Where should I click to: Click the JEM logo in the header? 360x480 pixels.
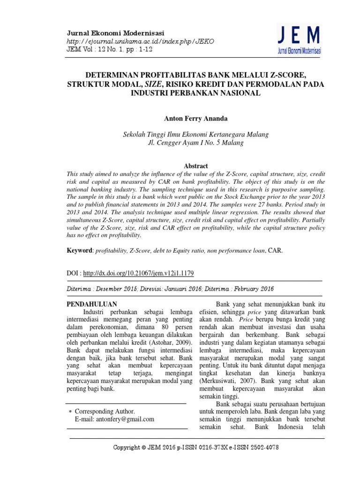298,40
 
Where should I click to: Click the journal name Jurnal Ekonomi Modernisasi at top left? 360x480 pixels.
116,33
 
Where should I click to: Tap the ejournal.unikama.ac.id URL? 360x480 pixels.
141,41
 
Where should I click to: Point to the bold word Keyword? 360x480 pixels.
80,250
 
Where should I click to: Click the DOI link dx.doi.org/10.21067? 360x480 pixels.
139,273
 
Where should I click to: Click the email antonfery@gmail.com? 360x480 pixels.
128,420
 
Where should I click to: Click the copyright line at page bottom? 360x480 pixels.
196,448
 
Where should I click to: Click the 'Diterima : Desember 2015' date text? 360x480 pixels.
106,289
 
